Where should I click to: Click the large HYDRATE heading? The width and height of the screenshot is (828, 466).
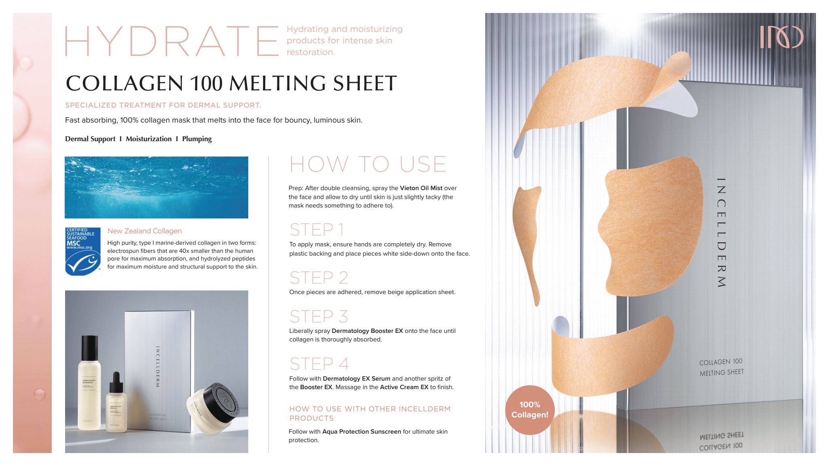(x=171, y=41)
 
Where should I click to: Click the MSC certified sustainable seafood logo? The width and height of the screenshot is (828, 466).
(x=83, y=251)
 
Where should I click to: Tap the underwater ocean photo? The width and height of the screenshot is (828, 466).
(x=156, y=187)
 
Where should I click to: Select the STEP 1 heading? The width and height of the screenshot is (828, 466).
(x=317, y=230)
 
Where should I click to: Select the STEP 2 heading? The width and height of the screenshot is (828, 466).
(x=319, y=277)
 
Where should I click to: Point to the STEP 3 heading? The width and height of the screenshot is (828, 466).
(x=319, y=316)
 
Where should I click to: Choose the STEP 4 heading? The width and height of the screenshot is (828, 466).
(x=319, y=364)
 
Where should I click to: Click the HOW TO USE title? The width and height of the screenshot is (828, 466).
(x=368, y=164)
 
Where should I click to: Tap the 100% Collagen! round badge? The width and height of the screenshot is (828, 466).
(x=530, y=410)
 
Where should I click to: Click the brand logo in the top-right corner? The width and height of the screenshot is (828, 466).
(x=781, y=37)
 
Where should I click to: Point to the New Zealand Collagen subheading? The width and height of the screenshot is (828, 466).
(x=144, y=231)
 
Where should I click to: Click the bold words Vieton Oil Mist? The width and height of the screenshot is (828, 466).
(x=421, y=188)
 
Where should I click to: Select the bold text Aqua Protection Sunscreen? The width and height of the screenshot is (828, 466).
(x=361, y=432)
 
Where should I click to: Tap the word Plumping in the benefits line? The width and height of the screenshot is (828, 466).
(x=197, y=139)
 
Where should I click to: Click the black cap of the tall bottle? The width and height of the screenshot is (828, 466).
(x=90, y=348)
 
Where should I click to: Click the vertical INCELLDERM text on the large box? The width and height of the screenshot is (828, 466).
(x=721, y=233)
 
